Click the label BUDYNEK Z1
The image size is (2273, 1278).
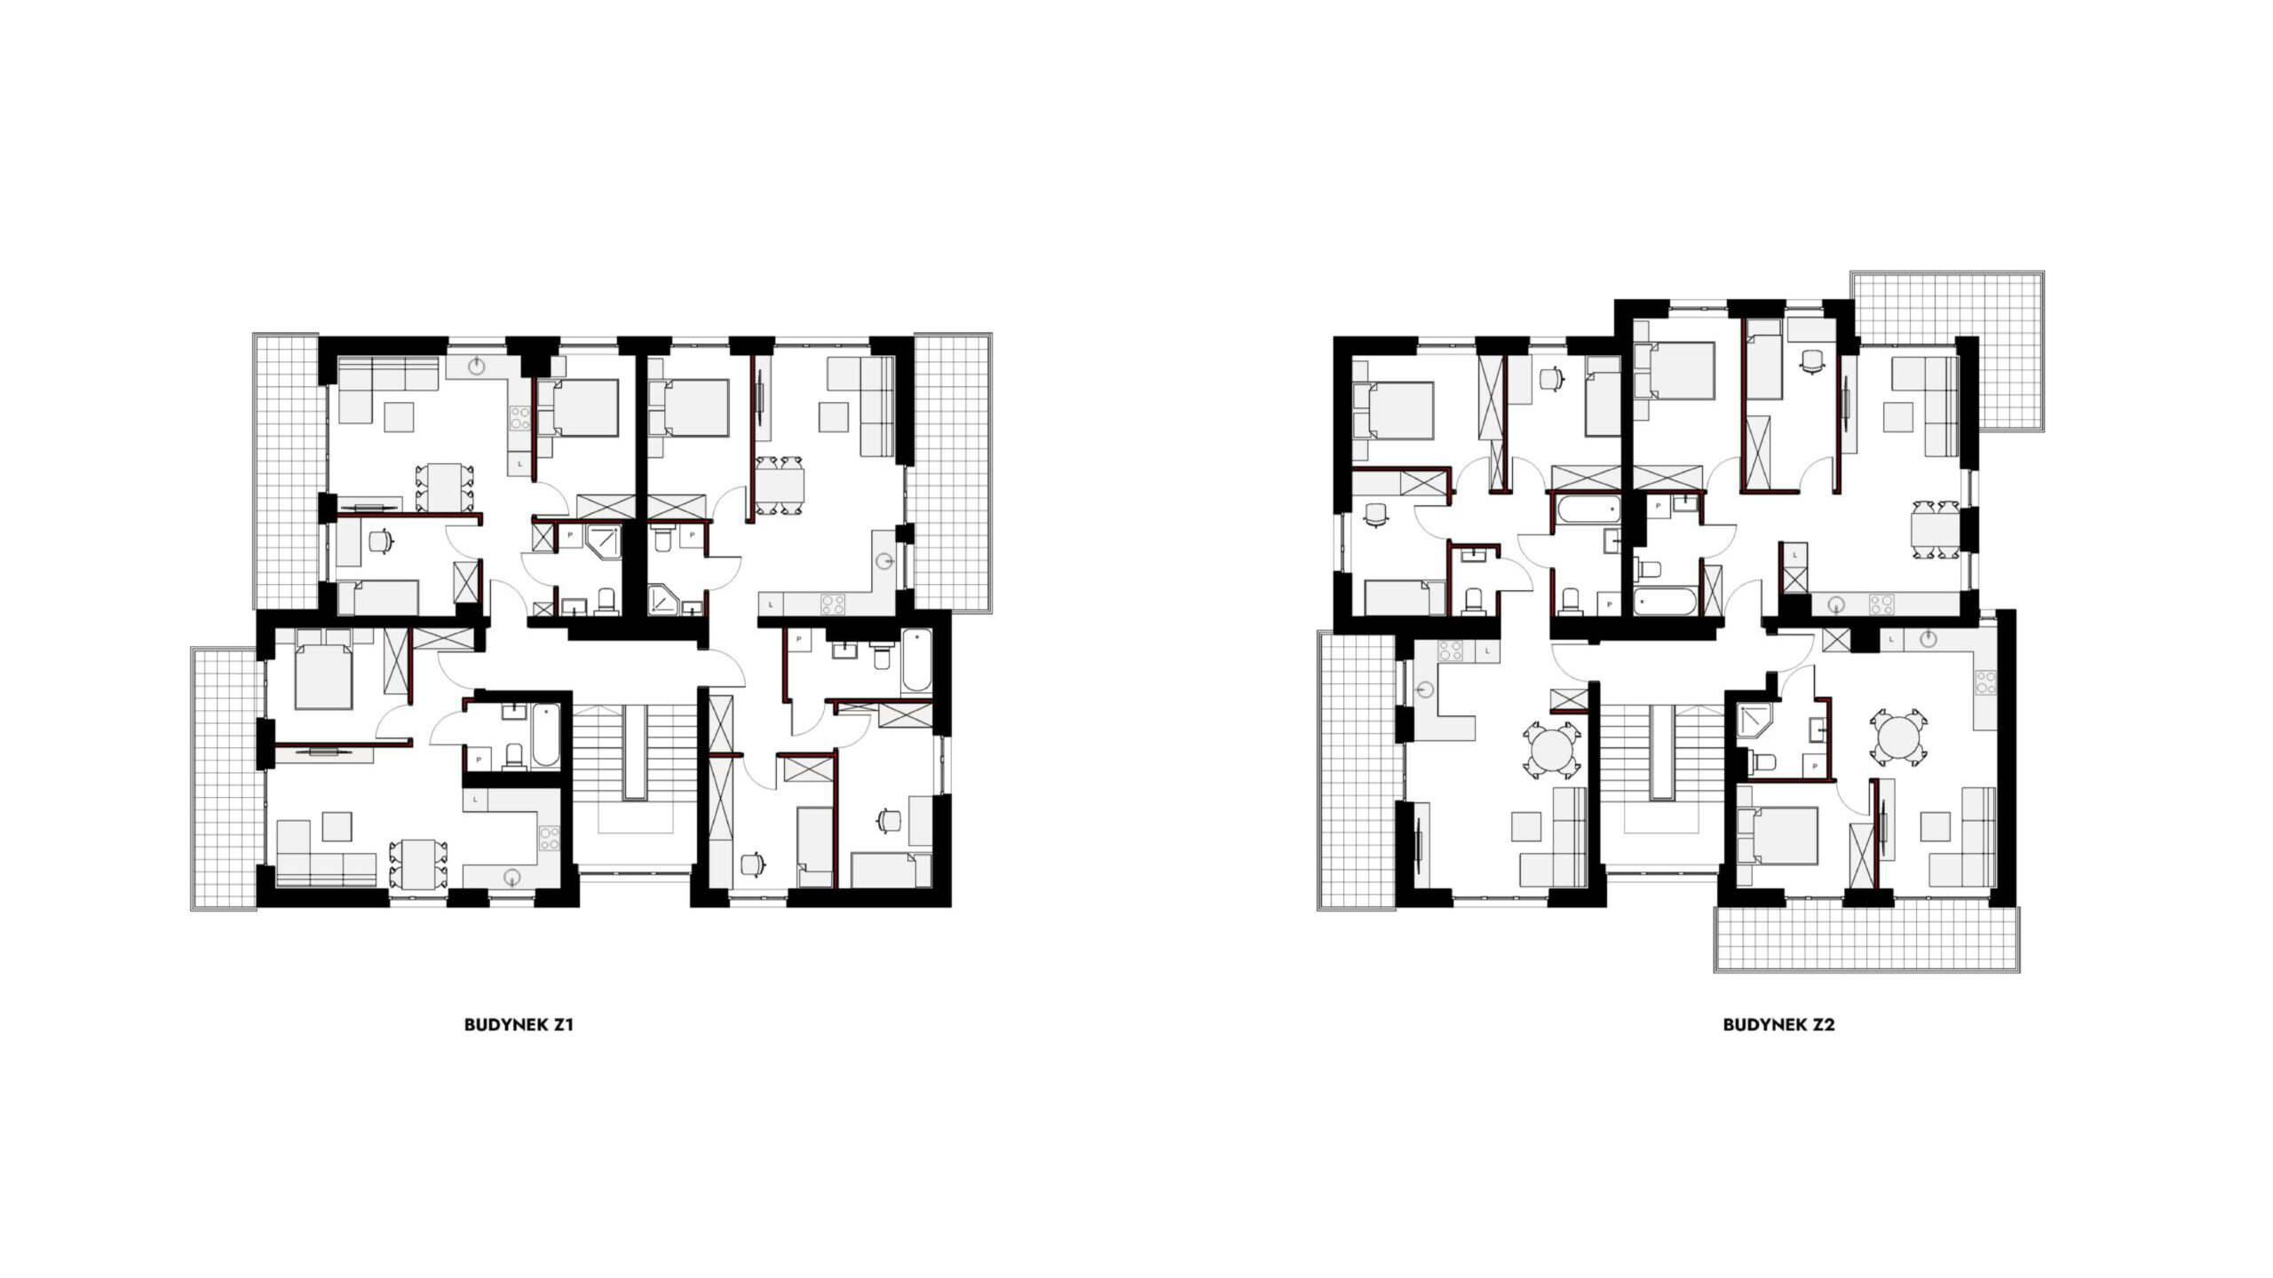[x=519, y=1024]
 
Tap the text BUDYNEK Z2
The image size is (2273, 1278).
[x=1778, y=1024]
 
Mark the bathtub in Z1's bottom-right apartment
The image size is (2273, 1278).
[x=917, y=662]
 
